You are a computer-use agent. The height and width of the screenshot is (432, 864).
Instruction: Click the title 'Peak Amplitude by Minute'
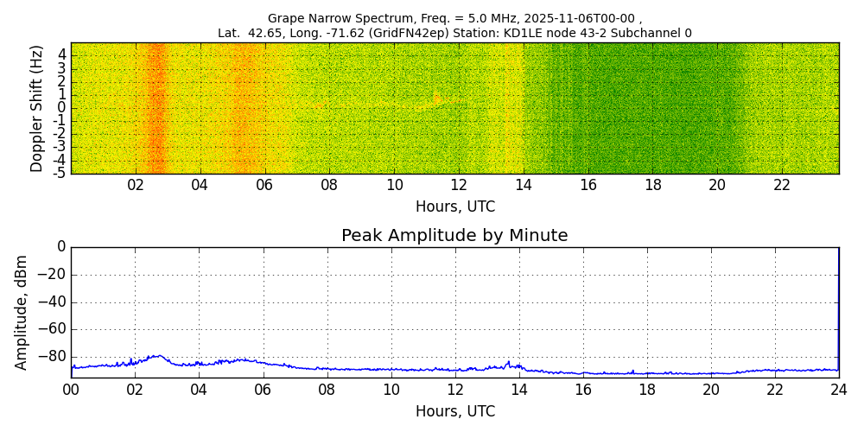coord(454,236)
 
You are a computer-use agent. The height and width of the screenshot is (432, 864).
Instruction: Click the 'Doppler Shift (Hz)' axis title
coord(37,109)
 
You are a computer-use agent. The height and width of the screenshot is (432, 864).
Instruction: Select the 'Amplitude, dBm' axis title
coord(22,312)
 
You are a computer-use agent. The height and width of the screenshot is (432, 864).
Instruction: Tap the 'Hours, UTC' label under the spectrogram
coord(454,207)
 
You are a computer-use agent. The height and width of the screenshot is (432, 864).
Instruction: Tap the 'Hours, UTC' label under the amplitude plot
coord(454,412)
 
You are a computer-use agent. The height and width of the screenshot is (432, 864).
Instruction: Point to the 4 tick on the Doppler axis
coord(61,54)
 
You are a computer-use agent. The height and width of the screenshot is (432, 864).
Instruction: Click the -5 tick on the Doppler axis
coord(59,173)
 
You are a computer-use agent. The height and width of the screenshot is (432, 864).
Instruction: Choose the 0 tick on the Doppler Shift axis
coord(61,108)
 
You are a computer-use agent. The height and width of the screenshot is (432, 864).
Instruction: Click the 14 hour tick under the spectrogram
coord(524,185)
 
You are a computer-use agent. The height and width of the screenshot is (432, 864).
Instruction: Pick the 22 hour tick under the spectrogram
coord(782,185)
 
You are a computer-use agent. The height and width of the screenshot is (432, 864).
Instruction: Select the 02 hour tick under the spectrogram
coord(136,185)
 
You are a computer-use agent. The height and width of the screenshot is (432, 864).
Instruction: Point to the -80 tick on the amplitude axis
coord(52,356)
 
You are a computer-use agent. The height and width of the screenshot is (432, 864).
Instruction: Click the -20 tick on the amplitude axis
coord(52,275)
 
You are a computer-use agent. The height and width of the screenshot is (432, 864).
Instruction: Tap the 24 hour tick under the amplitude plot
coord(839,390)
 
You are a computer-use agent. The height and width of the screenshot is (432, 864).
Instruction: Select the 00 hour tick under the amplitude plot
coord(71,390)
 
